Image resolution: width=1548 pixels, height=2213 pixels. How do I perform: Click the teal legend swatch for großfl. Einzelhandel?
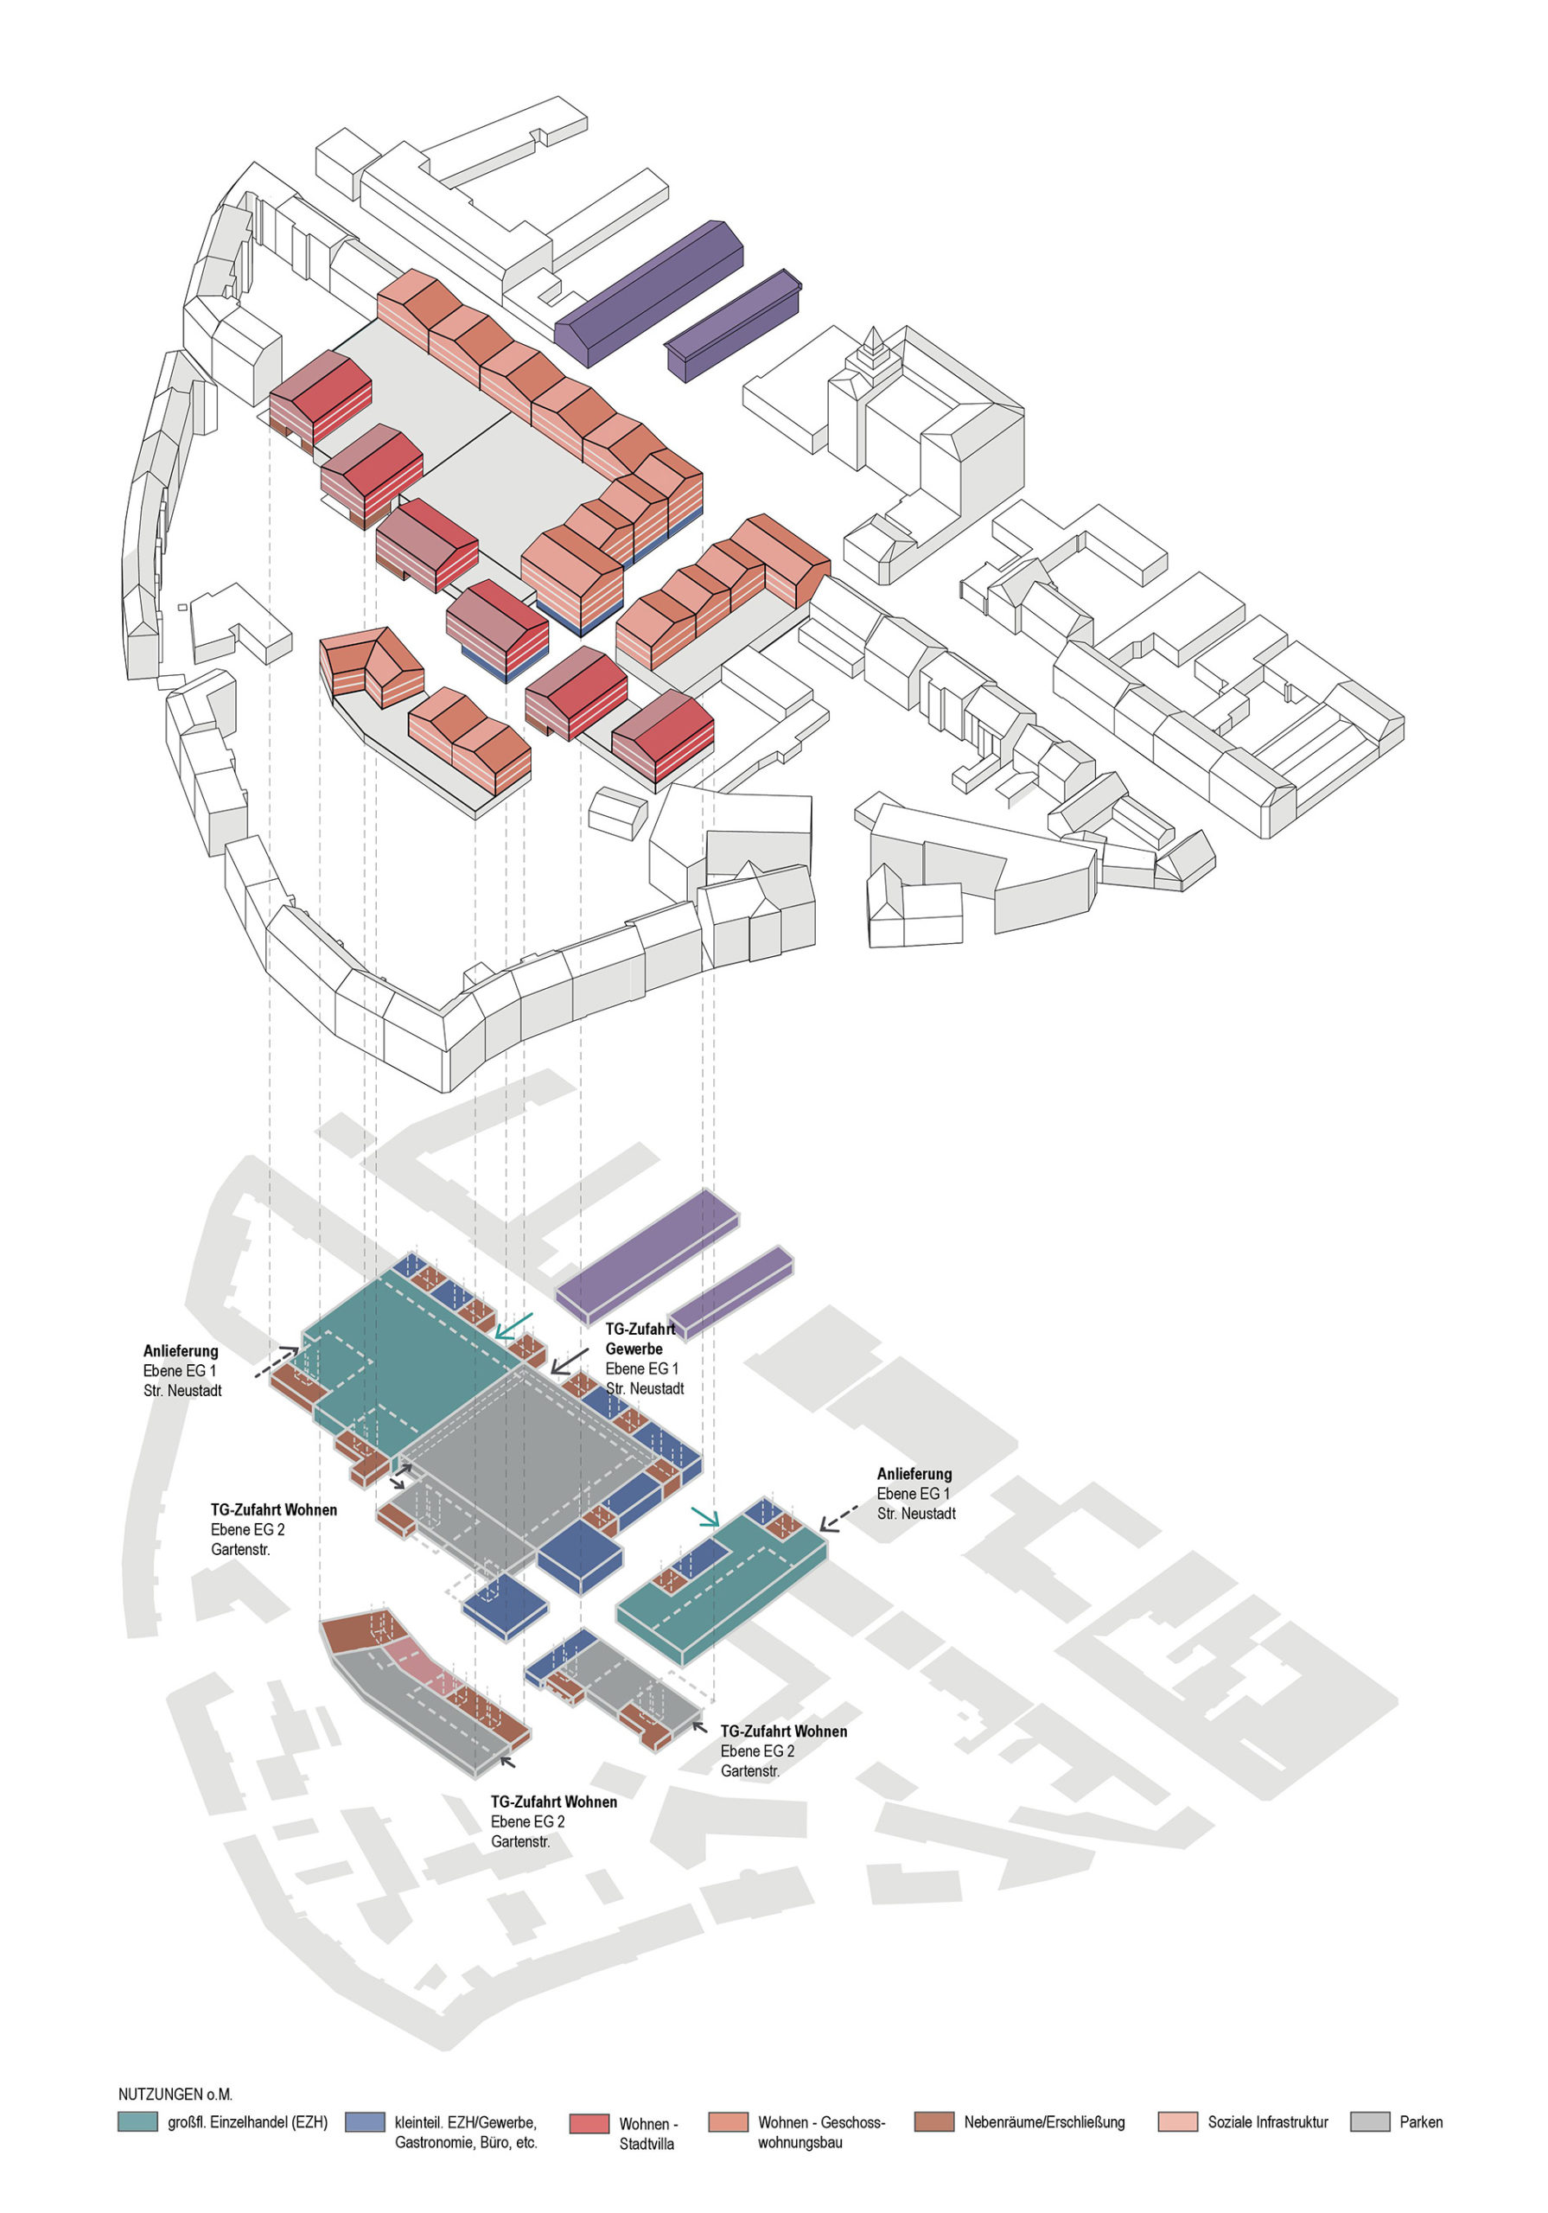[x=137, y=2121]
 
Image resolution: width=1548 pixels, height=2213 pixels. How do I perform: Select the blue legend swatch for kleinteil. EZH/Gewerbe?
[x=366, y=2121]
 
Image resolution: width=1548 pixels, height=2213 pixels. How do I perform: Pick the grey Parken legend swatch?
[x=1370, y=2121]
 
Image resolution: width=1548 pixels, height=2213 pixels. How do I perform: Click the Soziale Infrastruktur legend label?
[x=1266, y=2121]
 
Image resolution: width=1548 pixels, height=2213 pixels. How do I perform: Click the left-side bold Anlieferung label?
[x=181, y=1350]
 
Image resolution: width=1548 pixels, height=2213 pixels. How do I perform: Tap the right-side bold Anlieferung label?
[x=914, y=1474]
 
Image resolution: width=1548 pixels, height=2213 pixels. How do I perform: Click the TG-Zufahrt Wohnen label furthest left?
[x=274, y=1509]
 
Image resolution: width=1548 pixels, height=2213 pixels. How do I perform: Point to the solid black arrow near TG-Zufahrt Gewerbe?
[x=568, y=1360]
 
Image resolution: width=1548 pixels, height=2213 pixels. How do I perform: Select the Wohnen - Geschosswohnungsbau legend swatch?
[x=727, y=2121]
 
